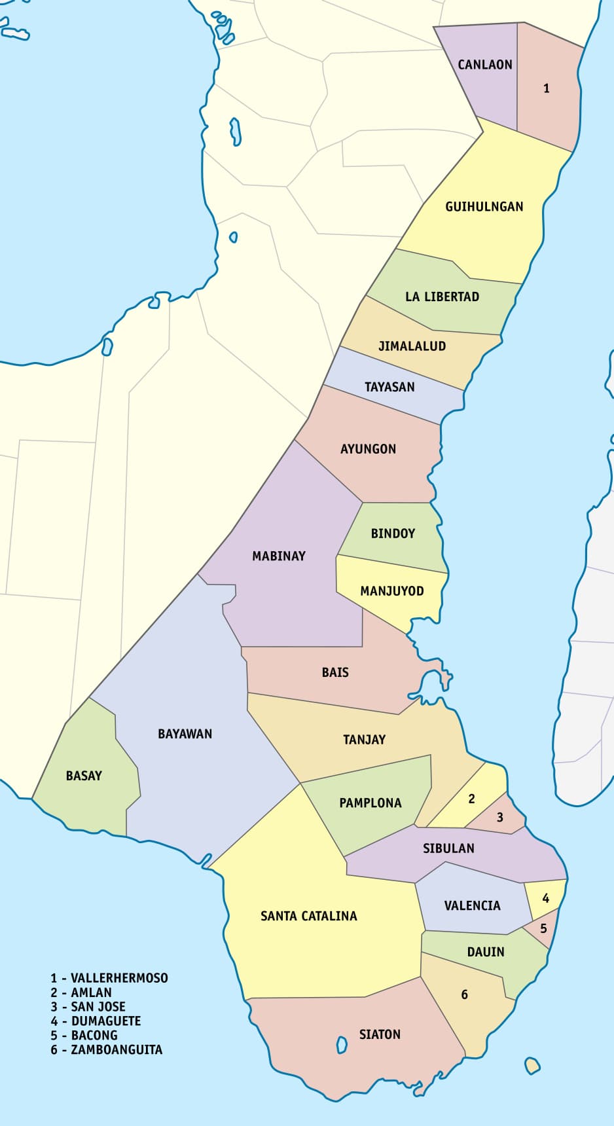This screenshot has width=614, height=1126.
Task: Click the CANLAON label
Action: click(484, 64)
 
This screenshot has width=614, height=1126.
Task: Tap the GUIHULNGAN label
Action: click(484, 207)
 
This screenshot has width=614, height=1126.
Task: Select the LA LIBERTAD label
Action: click(442, 297)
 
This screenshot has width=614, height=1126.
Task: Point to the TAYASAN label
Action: click(389, 387)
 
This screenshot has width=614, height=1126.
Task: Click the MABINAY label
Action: click(279, 556)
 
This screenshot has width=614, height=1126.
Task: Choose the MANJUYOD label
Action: click(391, 591)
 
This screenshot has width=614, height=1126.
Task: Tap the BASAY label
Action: click(84, 776)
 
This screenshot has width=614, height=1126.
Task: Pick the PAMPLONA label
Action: click(370, 803)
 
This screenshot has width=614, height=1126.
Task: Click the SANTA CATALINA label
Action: click(308, 916)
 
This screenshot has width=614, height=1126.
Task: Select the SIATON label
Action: click(380, 1034)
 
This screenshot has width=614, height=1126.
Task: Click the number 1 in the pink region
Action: click(547, 88)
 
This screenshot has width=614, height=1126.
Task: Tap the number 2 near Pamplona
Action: click(471, 798)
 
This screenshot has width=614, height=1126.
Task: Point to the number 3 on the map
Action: click(500, 817)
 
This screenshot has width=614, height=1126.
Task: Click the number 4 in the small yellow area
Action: click(546, 898)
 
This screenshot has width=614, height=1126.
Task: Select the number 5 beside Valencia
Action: click(543, 928)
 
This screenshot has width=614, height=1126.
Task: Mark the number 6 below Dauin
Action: click(464, 994)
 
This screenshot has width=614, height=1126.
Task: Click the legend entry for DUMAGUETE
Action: click(96, 1021)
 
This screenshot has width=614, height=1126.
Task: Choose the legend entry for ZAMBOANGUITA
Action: click(106, 1049)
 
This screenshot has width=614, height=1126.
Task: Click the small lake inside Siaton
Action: click(341, 1045)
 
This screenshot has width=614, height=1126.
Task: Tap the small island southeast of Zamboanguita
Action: click(533, 1065)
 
